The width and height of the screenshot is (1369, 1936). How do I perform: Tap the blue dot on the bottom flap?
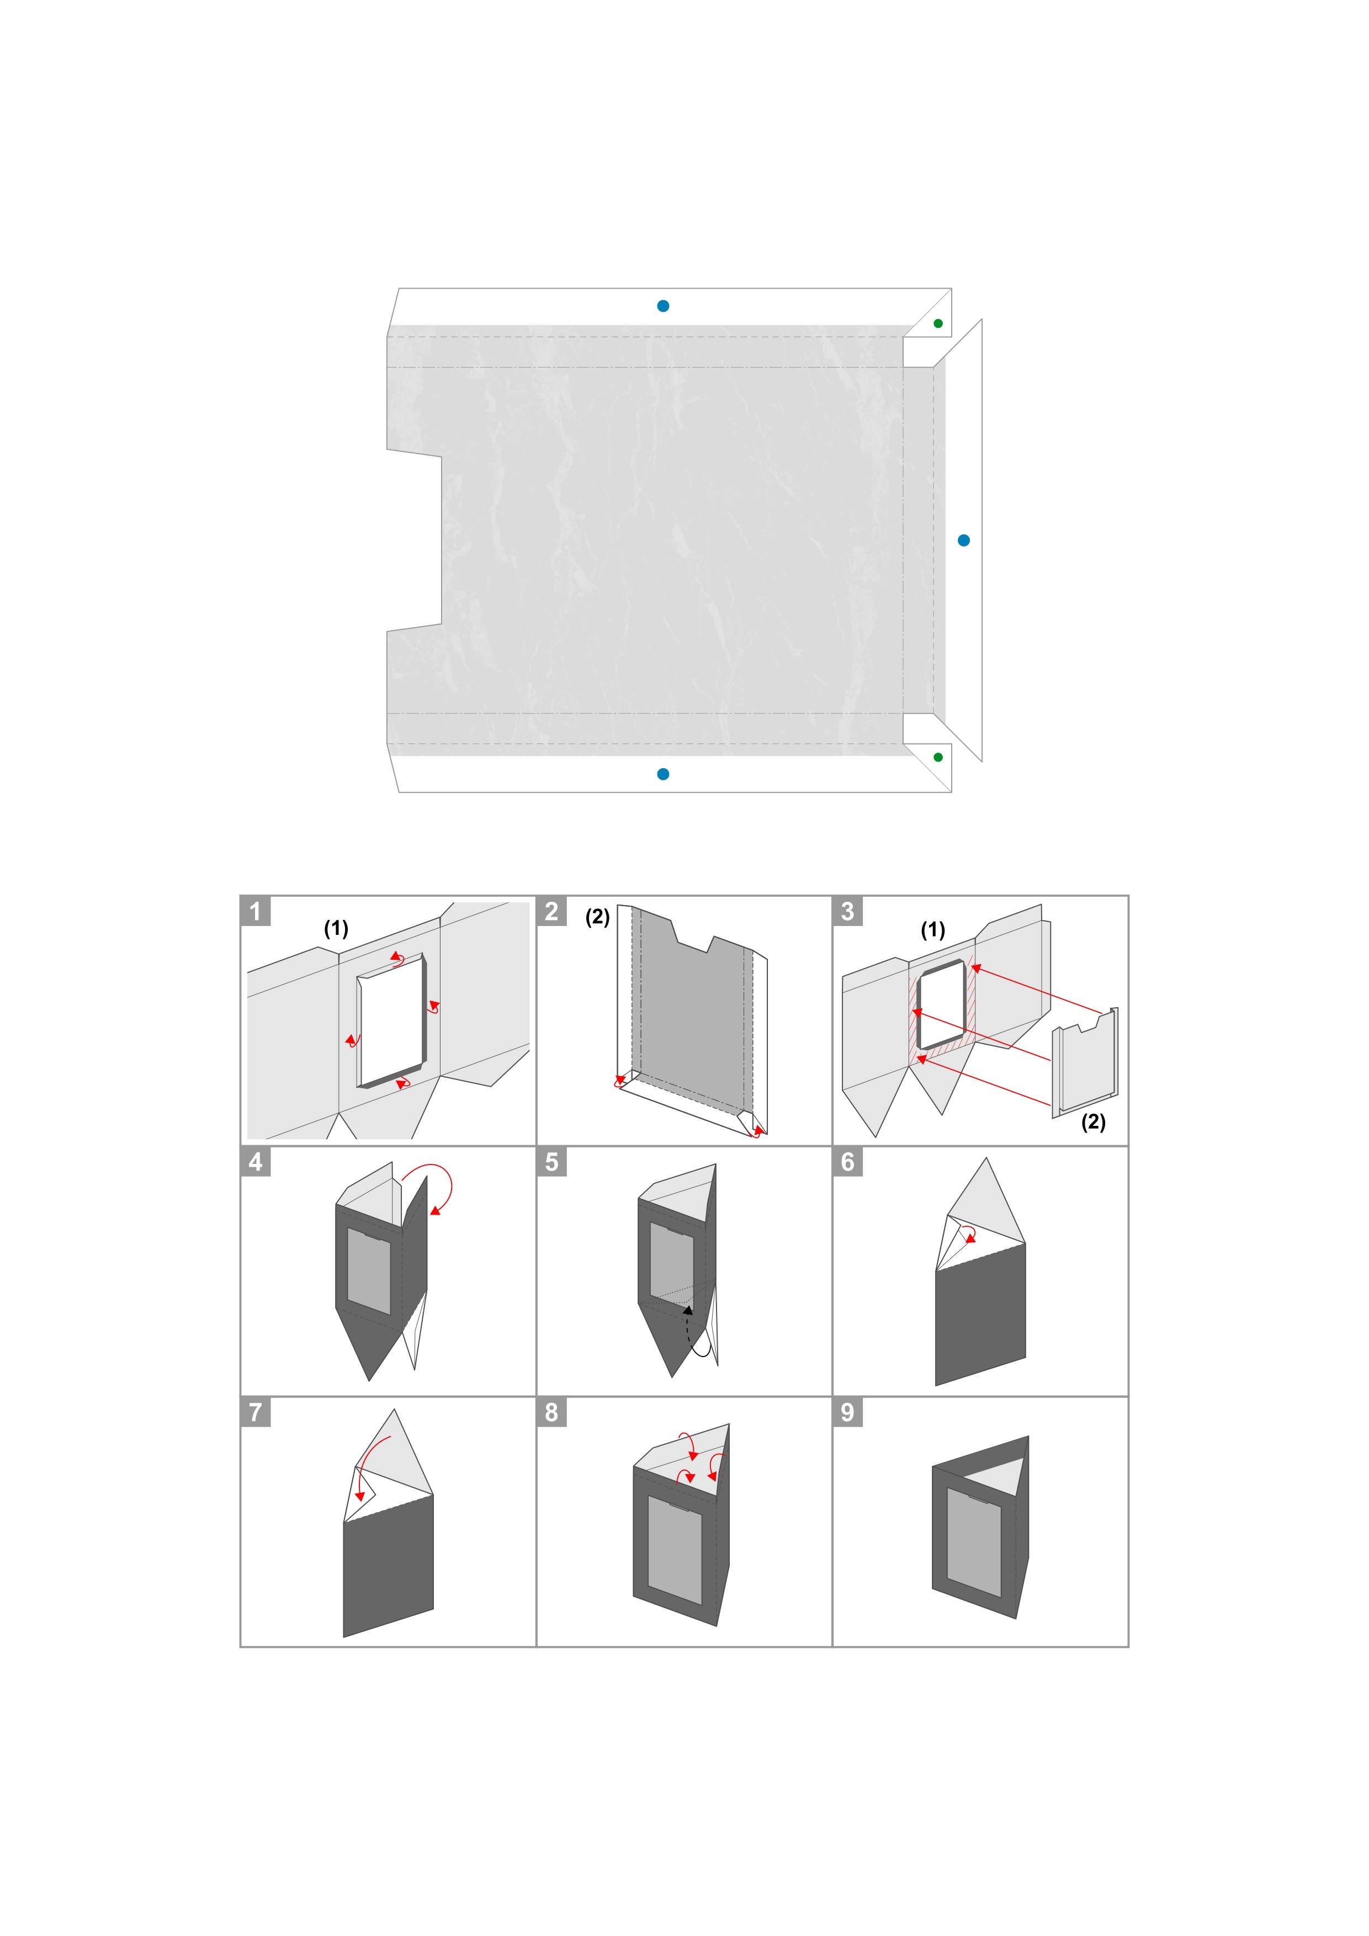point(663,774)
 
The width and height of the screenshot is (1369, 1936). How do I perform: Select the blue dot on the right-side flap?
point(964,540)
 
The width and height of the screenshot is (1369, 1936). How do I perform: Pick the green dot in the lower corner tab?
point(938,757)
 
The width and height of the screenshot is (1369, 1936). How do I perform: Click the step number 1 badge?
point(256,911)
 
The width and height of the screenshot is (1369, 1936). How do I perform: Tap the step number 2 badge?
point(551,911)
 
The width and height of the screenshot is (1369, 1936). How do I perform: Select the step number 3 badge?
point(848,911)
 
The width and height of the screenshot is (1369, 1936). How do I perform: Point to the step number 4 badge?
point(256,1161)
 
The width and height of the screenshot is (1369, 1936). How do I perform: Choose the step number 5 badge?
point(551,1161)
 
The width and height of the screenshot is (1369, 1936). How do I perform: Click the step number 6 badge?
point(848,1161)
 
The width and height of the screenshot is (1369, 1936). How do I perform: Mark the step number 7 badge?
point(256,1412)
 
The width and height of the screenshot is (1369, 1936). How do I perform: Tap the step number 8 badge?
point(551,1412)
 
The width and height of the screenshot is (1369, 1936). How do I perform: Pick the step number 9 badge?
point(848,1412)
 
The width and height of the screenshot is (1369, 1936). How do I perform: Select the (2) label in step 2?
point(598,917)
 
